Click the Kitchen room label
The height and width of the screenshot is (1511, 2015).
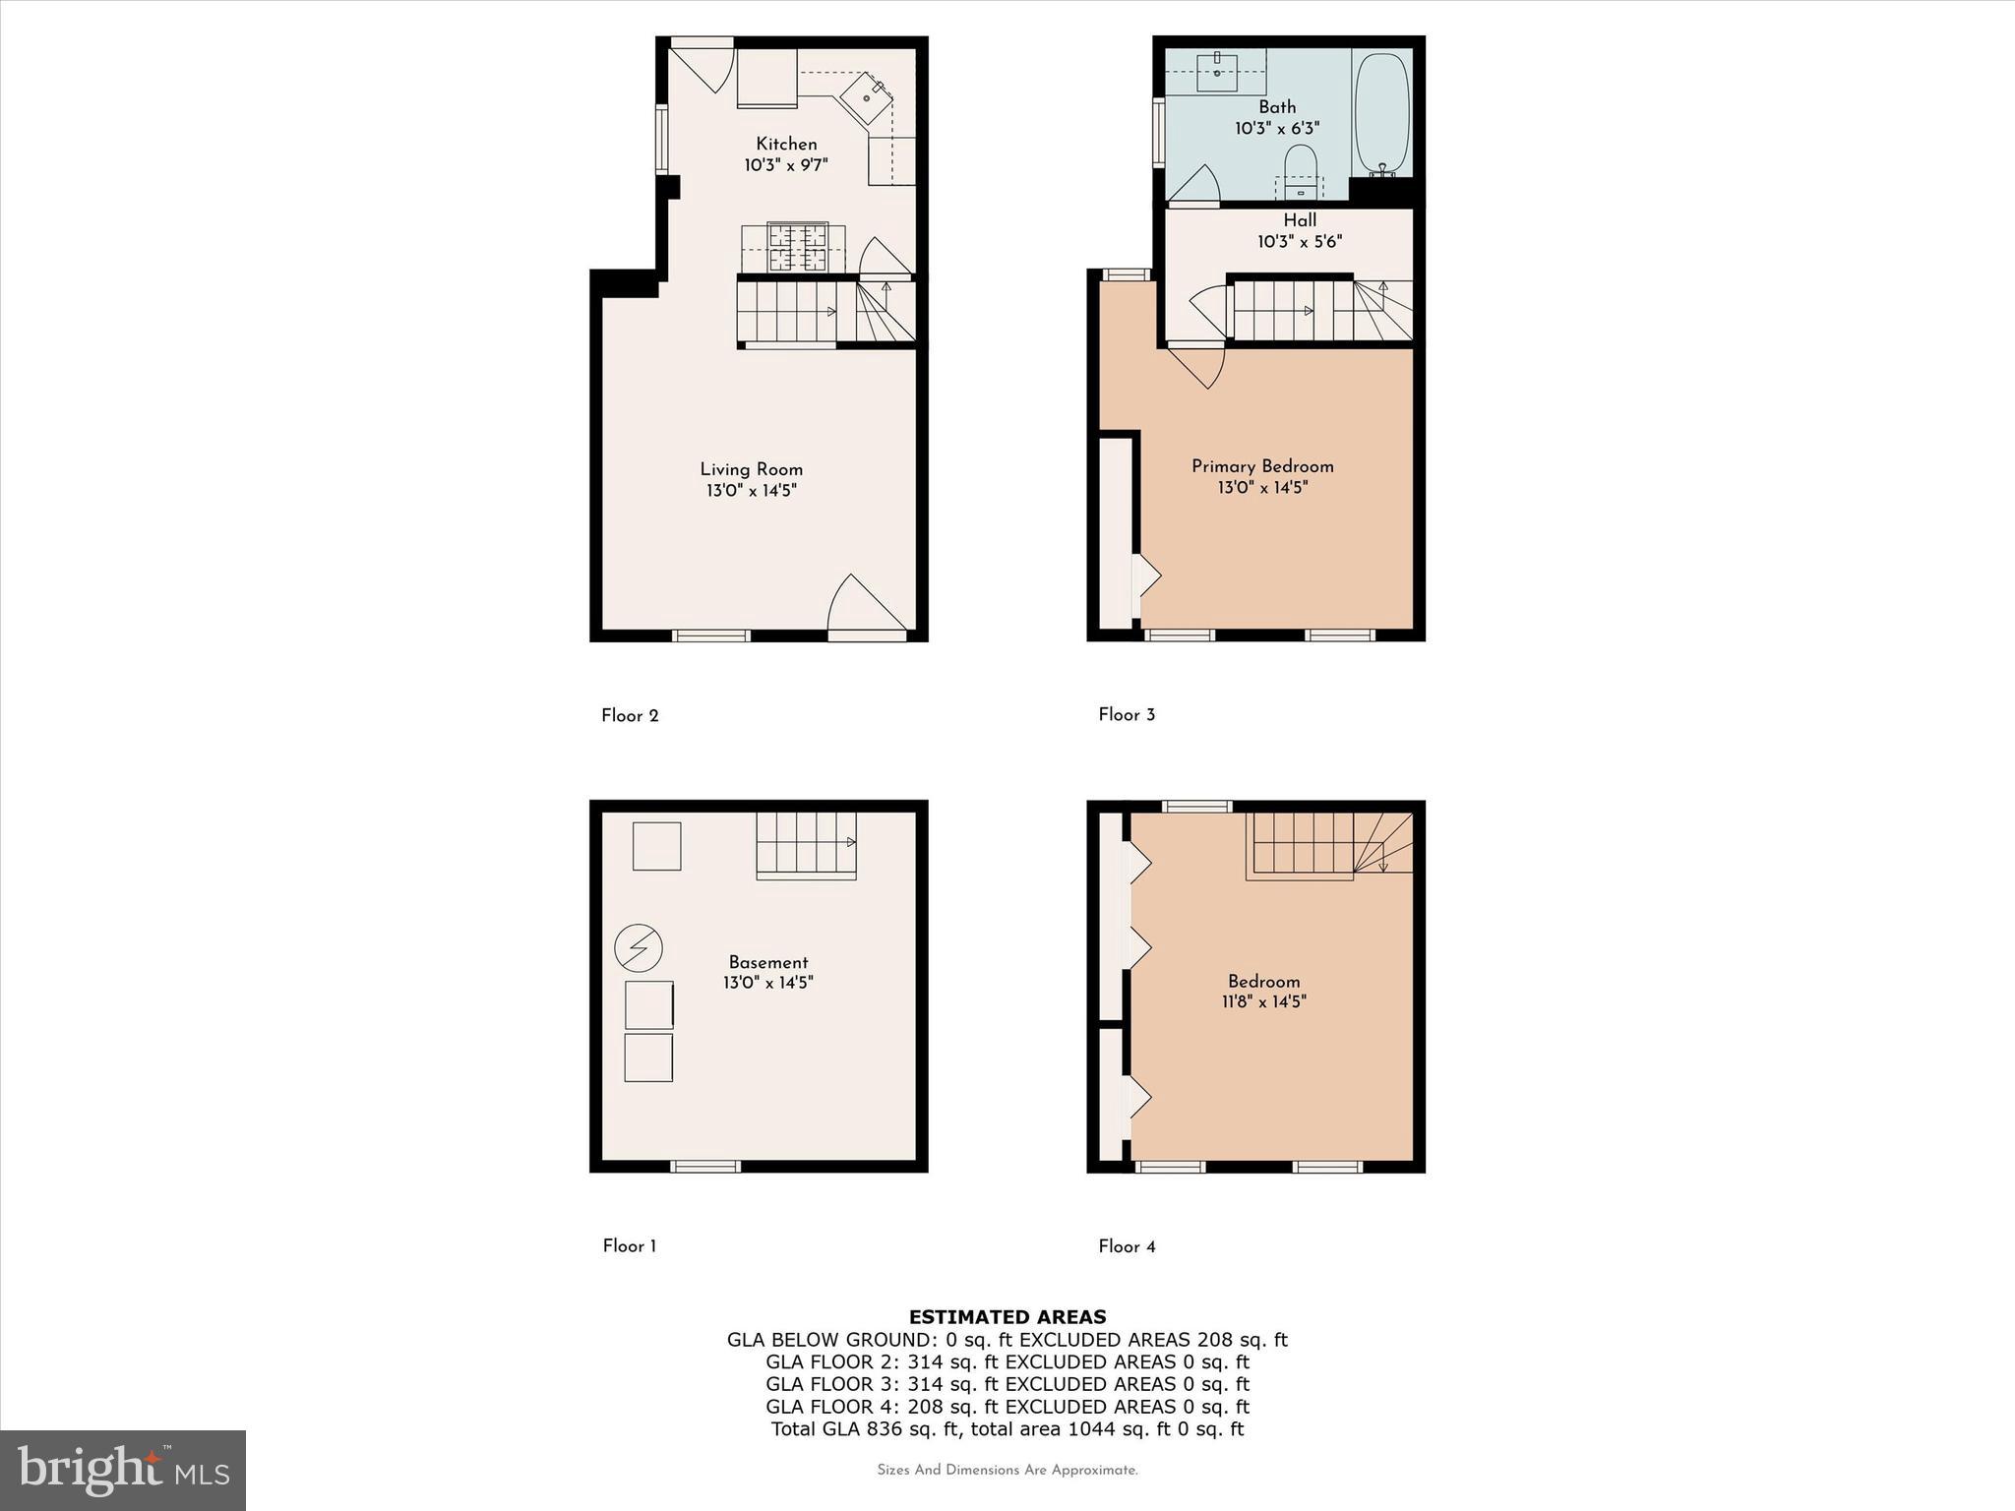[786, 144]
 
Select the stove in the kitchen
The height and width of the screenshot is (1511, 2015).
[798, 248]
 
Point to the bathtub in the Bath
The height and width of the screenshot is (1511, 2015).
[1381, 113]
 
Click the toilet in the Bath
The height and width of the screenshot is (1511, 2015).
[1300, 168]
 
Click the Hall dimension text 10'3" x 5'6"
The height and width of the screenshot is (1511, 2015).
[1299, 242]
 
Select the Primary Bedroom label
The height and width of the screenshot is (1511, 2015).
[1262, 466]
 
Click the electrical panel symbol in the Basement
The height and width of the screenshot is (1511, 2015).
[639, 948]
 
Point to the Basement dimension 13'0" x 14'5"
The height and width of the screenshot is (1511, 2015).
[768, 983]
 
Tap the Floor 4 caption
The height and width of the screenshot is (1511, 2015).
[1127, 1246]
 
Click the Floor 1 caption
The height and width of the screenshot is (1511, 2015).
[630, 1246]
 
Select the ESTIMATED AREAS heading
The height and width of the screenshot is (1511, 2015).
[1007, 1316]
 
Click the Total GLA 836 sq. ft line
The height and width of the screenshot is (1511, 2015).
[1007, 1429]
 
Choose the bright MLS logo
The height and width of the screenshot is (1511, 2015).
[123, 1470]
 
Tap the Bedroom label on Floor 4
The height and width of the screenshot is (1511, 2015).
[1263, 981]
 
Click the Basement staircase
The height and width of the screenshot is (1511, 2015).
[806, 845]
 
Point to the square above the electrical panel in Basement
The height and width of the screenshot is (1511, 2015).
[656, 846]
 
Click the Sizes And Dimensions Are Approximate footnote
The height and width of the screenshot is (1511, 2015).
[1007, 1471]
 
